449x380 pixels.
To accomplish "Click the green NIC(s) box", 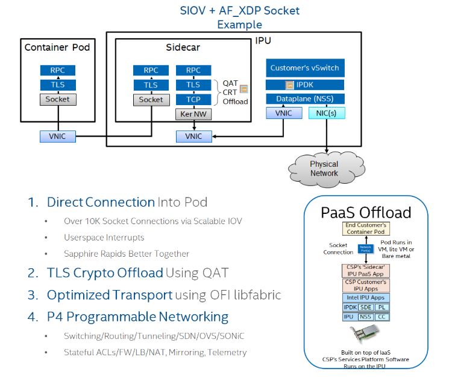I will click(x=327, y=112).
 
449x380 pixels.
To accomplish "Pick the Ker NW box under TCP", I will click(x=193, y=114).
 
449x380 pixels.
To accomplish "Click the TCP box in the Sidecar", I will click(x=193, y=99).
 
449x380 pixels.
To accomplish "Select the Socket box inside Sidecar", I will click(x=150, y=99).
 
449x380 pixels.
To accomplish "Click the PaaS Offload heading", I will click(x=366, y=212).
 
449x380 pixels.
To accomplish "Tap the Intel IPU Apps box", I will click(x=366, y=297).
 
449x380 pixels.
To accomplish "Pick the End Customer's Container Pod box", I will click(x=366, y=228).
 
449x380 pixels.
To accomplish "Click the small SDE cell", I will click(x=366, y=307).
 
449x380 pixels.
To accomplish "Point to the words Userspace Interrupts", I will click(x=104, y=237).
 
